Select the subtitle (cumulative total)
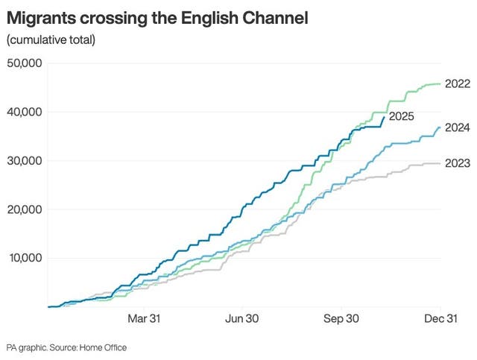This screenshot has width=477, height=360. [x=51, y=40]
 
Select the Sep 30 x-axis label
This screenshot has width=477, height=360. [x=341, y=319]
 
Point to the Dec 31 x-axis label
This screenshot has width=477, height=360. [x=440, y=319]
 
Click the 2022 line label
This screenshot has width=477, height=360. [x=456, y=84]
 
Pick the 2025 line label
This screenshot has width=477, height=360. [x=401, y=116]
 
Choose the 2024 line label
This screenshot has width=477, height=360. [x=456, y=127]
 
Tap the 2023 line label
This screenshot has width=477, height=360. [x=456, y=163]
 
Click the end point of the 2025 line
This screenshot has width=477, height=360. [x=385, y=116]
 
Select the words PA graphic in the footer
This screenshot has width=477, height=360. [x=25, y=348]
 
